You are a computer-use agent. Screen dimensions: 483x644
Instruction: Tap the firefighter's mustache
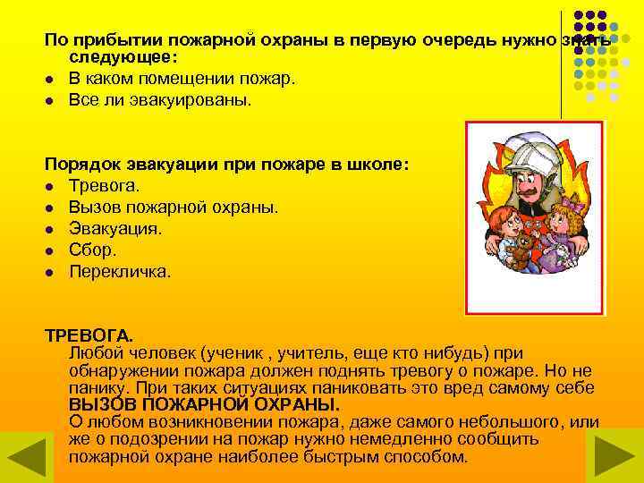coord(530,191)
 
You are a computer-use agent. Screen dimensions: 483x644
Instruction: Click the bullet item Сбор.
coord(92,250)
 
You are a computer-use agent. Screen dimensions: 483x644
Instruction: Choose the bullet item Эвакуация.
coord(115,228)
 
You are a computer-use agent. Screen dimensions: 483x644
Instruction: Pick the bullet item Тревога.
coord(104,185)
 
